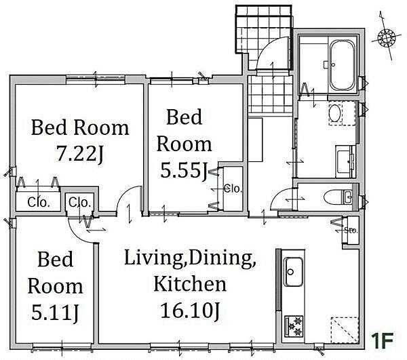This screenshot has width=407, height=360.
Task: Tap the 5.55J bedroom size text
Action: [x=184, y=170]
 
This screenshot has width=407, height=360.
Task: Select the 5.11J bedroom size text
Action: [x=55, y=313]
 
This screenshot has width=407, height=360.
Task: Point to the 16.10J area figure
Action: [x=190, y=311]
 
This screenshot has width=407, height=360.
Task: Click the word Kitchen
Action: [x=190, y=284]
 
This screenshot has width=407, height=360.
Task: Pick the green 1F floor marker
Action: [x=383, y=338]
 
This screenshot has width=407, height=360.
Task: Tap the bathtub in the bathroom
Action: [x=343, y=65]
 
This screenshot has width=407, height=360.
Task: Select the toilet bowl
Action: [x=334, y=198]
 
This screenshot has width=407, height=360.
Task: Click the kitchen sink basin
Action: [x=294, y=272]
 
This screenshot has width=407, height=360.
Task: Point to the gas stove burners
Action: [x=294, y=326]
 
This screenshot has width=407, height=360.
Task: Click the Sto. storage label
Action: [x=351, y=231]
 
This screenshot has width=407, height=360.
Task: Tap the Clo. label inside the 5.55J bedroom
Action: [x=233, y=188]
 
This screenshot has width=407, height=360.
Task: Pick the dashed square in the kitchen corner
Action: [x=345, y=330]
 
